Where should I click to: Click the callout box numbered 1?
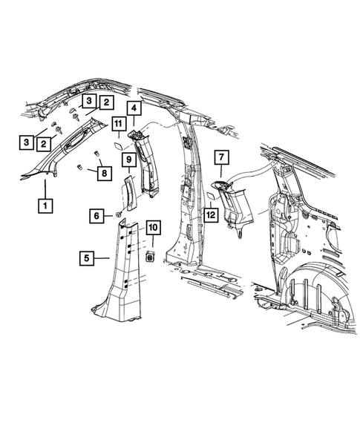[45, 205]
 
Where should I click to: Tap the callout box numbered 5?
[86, 258]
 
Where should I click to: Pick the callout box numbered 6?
[97, 215]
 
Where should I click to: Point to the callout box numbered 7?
[220, 157]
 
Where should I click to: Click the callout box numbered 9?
[127, 159]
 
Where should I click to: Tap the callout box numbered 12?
[212, 215]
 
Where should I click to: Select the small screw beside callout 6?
[117, 214]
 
